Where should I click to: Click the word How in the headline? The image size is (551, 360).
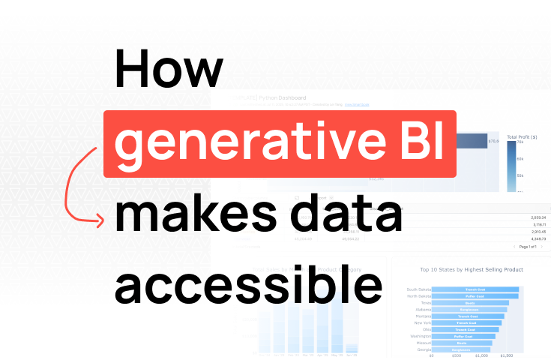point(168,72)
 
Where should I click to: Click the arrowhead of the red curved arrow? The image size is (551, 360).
point(100,219)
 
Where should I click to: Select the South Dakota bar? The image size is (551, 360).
point(475,289)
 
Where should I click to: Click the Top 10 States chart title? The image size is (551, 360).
point(472,268)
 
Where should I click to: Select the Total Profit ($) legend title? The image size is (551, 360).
point(523,136)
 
